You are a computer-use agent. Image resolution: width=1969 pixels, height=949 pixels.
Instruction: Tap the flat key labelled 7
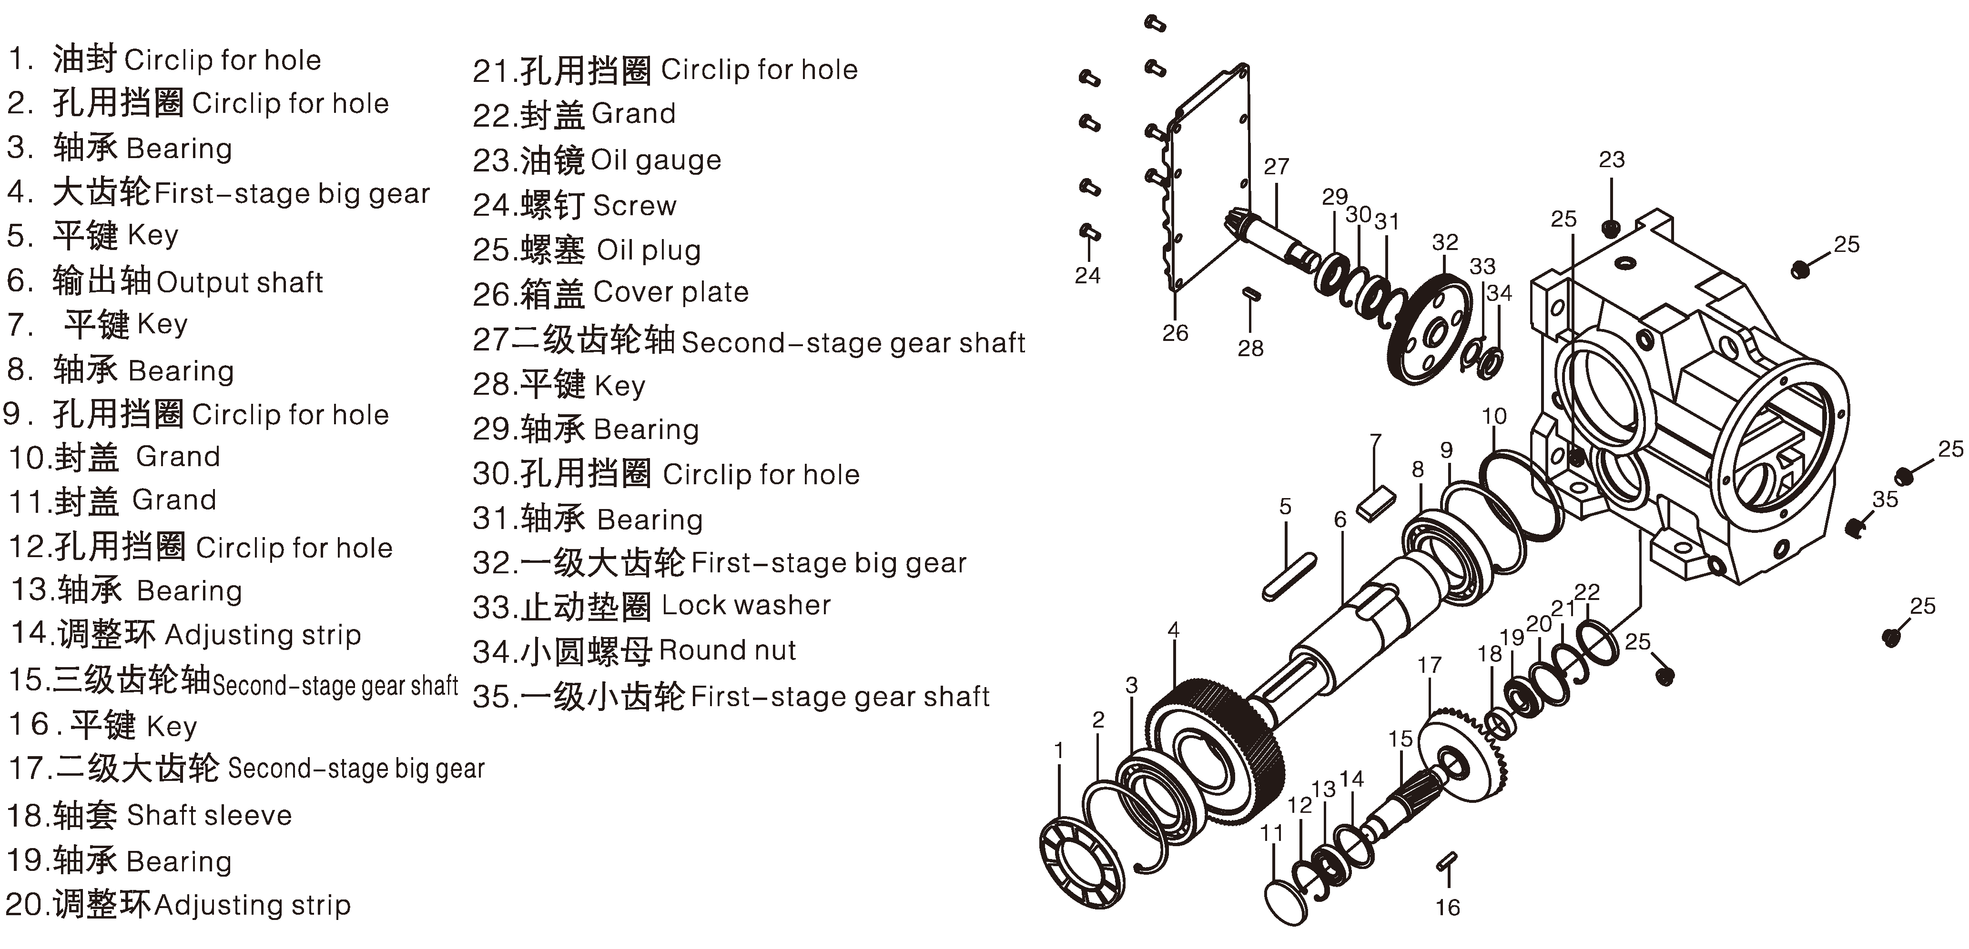pos(1376,505)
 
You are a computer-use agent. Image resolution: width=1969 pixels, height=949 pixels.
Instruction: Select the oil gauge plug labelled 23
pos(1611,228)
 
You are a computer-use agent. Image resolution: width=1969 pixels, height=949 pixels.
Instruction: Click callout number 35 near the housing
pos(1885,499)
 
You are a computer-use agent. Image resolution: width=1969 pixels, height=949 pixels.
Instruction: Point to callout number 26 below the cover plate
pos(1175,333)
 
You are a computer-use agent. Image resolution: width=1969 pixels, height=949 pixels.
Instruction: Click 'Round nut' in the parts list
pos(727,650)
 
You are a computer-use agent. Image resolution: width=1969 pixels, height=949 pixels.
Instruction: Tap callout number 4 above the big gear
pos(1173,630)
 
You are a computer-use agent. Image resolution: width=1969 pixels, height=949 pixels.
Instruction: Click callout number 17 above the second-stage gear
pos(1430,666)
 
